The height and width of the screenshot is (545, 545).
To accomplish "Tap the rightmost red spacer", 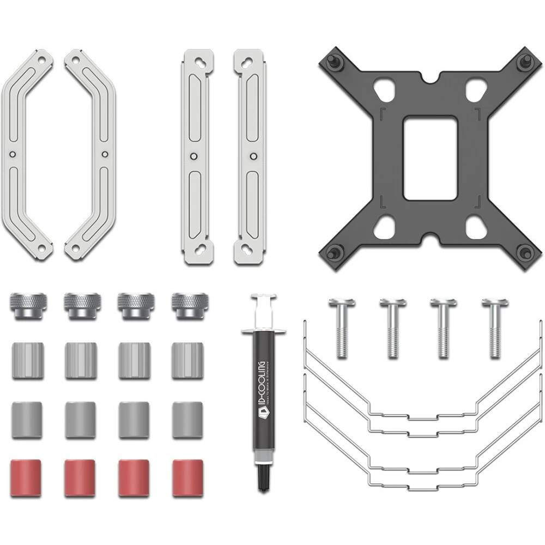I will click(187, 477).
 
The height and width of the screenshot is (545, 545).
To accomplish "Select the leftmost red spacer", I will click(26, 477).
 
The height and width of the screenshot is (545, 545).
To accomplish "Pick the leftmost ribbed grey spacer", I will click(27, 360).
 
